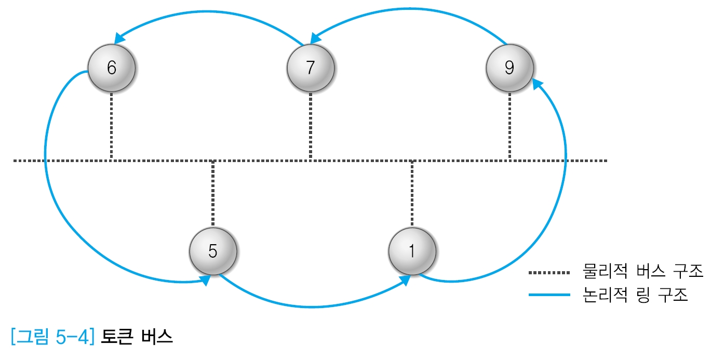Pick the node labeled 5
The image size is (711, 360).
213,251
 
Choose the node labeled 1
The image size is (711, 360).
412,251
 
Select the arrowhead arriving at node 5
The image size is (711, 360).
206,280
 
